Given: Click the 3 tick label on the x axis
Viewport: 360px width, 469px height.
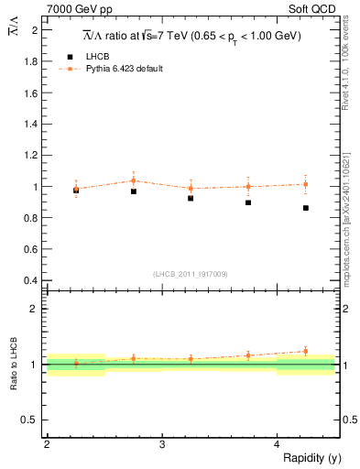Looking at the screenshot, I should tap(161, 444).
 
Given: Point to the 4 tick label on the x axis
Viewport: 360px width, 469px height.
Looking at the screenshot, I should tap(277, 444).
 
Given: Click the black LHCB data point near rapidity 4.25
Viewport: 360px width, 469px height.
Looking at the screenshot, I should tap(306, 208).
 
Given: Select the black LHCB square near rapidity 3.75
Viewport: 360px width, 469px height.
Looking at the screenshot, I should tap(248, 202).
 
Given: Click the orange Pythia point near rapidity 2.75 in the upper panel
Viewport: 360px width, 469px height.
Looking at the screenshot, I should tap(134, 180).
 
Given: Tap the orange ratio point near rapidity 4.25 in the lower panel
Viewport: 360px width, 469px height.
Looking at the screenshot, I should tap(306, 351).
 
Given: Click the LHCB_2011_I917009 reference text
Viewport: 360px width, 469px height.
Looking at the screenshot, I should tap(191, 273).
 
